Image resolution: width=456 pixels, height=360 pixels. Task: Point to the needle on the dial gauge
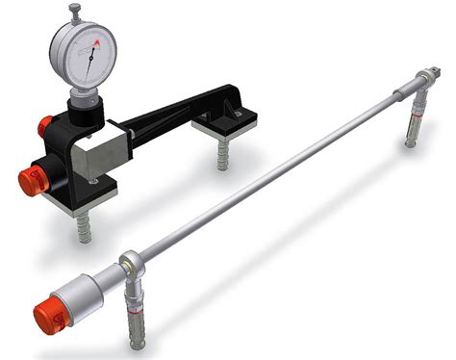click(x=89, y=60)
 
